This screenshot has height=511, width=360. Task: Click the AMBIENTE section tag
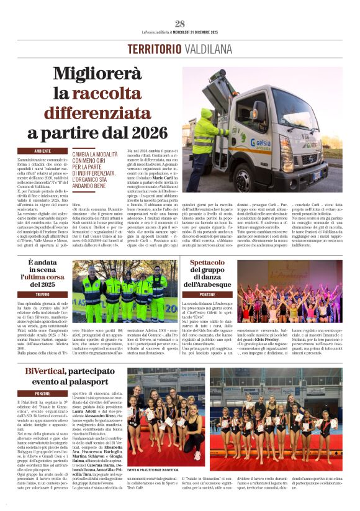click(43, 151)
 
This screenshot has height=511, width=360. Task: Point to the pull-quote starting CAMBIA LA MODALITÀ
click(96, 167)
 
